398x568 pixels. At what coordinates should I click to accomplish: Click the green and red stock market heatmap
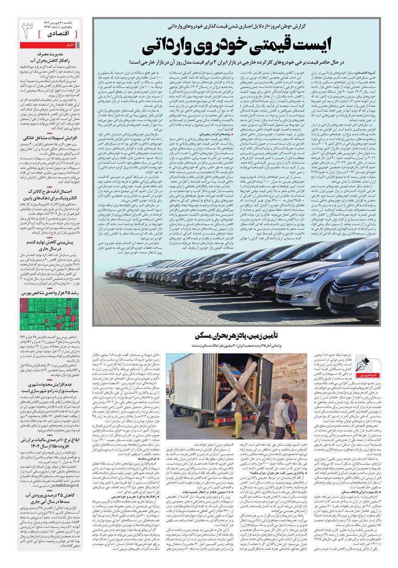coord(49,314)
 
